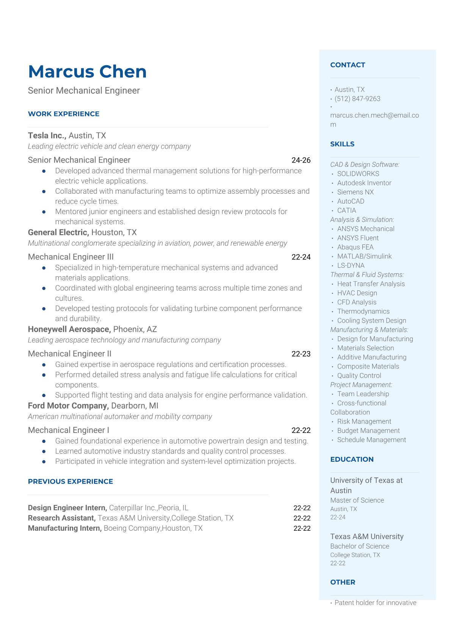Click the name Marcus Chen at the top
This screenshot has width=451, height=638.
(x=87, y=72)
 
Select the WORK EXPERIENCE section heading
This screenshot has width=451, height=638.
(x=64, y=114)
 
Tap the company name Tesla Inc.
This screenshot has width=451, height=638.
(x=47, y=136)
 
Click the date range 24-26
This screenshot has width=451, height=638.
(x=301, y=160)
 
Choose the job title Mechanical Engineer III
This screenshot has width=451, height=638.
(x=71, y=257)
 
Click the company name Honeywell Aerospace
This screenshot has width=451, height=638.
(x=69, y=329)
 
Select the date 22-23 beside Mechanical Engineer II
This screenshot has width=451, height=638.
(x=301, y=354)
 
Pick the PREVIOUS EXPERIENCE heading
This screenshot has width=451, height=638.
(x=70, y=481)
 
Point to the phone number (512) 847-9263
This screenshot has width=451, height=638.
(x=357, y=99)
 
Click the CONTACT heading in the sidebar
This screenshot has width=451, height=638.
(x=348, y=65)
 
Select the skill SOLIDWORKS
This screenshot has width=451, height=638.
(x=358, y=174)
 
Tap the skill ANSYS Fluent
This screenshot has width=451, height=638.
(x=358, y=238)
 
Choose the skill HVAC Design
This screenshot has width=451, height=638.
(x=357, y=293)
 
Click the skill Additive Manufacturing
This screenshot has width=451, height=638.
(x=371, y=357)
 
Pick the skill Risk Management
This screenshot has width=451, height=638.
(x=364, y=422)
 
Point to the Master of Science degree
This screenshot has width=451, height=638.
(x=357, y=500)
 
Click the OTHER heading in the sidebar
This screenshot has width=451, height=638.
(x=343, y=582)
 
